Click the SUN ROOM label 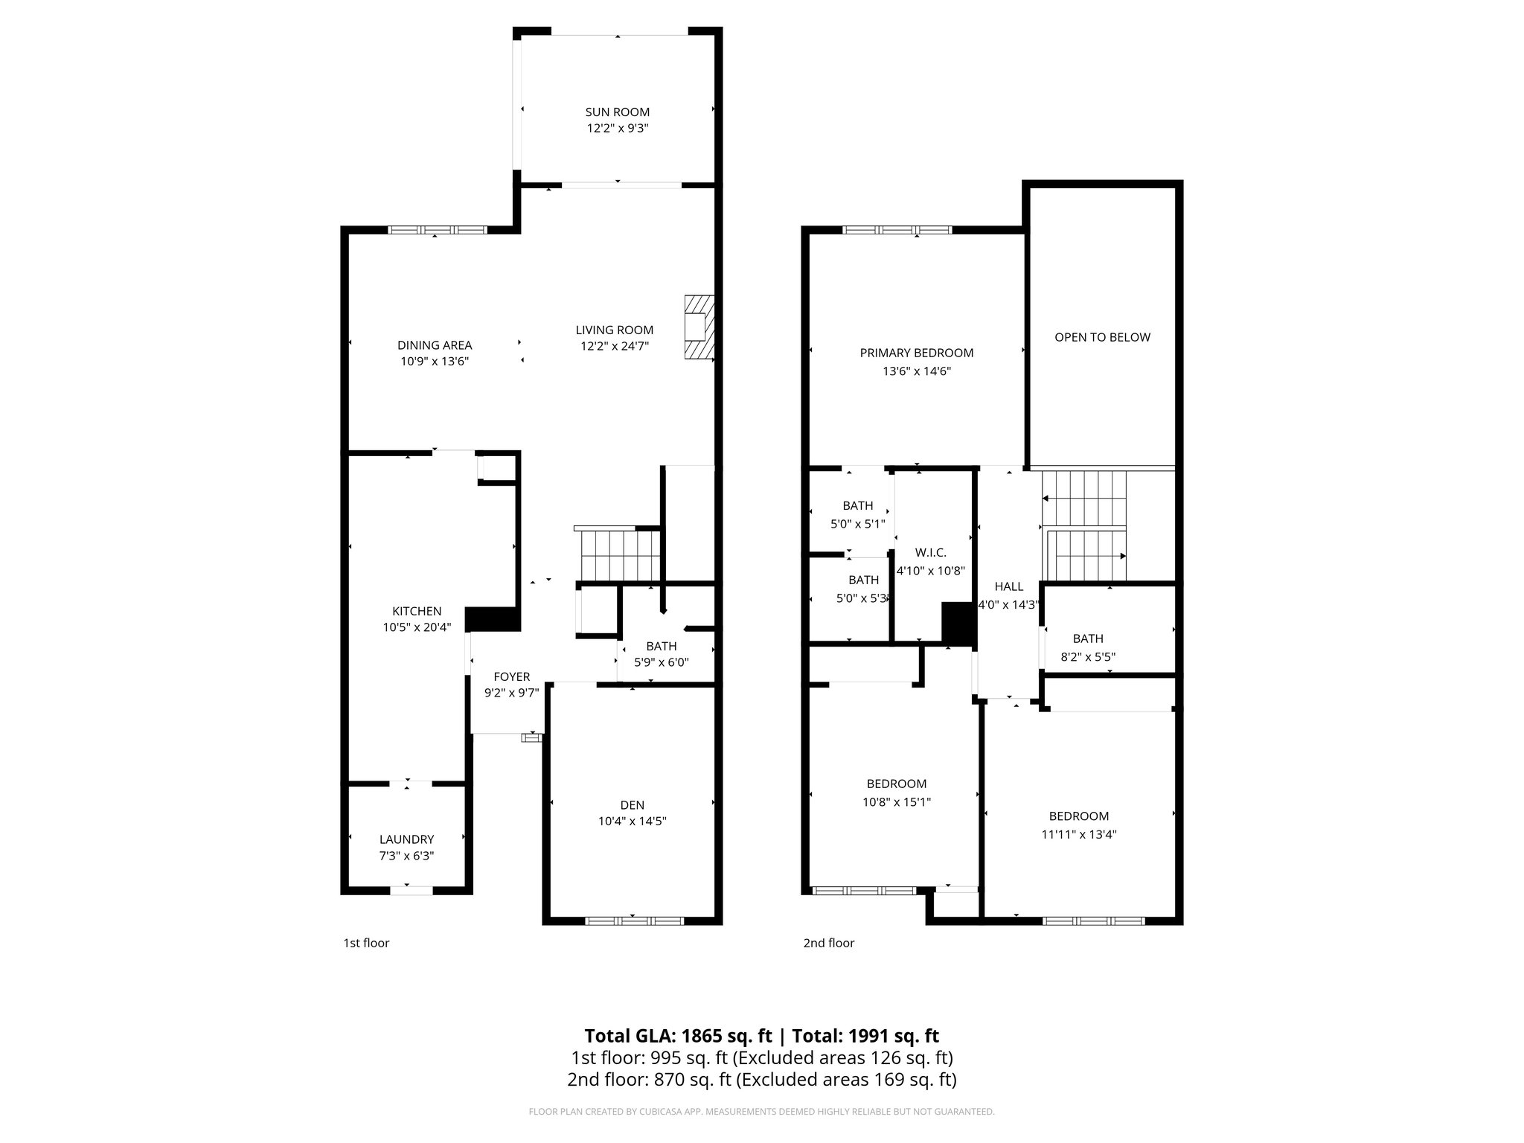617,112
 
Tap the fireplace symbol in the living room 699,327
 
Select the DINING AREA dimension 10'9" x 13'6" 435,362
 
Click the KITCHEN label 417,611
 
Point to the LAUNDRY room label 406,839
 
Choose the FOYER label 512,676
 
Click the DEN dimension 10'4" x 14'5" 632,822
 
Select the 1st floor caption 366,943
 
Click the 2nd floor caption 828,943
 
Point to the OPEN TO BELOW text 1102,337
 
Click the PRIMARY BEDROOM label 917,353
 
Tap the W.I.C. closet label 930,553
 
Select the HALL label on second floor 1008,586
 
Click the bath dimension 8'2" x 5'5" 1088,657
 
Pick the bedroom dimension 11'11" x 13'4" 1079,834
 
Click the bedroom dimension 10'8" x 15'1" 897,802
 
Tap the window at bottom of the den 634,921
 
